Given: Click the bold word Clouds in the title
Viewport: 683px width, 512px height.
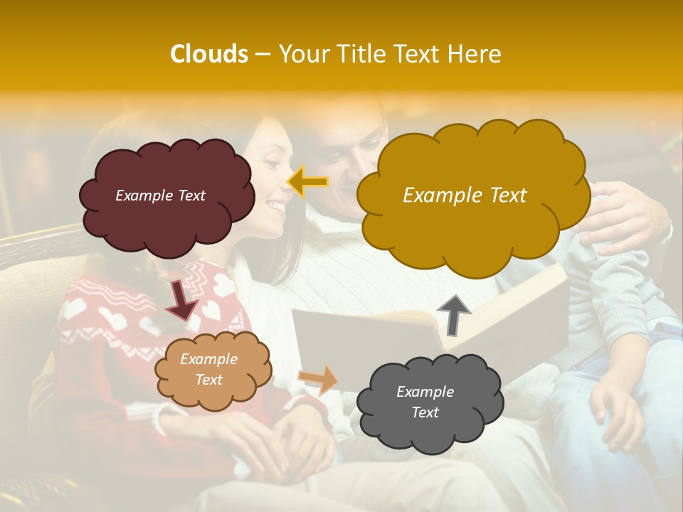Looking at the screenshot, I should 209,54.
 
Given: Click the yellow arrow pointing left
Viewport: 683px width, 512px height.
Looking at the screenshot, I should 307,182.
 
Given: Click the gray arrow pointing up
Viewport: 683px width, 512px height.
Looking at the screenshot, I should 454,314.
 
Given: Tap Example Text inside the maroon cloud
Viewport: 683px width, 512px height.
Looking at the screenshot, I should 160,196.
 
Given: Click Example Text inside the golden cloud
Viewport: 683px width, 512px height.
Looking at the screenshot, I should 465,196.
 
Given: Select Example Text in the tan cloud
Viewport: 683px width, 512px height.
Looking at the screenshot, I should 208,369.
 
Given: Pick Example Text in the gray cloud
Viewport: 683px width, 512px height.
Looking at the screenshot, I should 425,402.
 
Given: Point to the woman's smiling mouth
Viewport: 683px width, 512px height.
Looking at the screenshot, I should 275,206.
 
